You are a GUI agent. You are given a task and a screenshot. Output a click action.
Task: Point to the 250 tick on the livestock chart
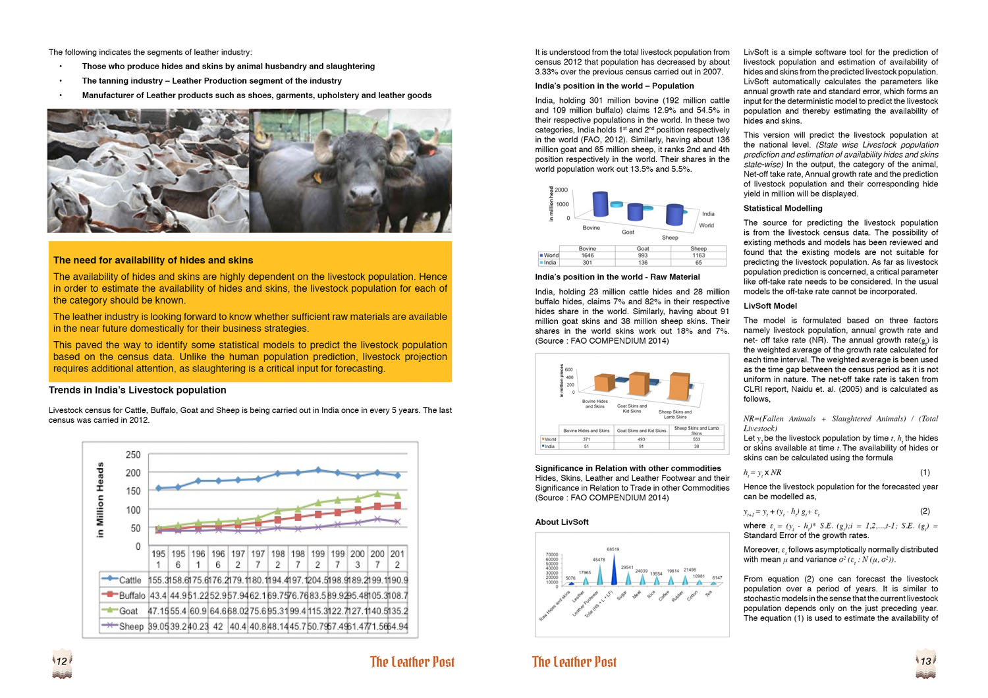pyautogui.click(x=133, y=455)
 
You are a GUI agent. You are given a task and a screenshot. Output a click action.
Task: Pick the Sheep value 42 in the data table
pyautogui.click(x=218, y=626)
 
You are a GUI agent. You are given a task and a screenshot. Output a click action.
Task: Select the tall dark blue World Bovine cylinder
pyautogui.click(x=600, y=203)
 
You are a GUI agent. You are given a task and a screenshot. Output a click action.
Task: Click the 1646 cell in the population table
pyautogui.click(x=587, y=255)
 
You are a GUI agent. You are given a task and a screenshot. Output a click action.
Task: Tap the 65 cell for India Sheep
pyautogui.click(x=698, y=263)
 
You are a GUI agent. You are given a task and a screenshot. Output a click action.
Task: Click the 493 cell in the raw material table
pyautogui.click(x=641, y=439)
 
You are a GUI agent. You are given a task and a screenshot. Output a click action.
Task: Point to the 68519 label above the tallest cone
pyautogui.click(x=613, y=549)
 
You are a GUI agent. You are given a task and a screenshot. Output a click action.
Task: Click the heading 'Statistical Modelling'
pyautogui.click(x=782, y=208)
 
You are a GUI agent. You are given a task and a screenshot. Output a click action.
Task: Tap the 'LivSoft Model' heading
pyautogui.click(x=770, y=306)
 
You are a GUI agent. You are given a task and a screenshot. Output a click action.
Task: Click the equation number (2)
pyautogui.click(x=924, y=511)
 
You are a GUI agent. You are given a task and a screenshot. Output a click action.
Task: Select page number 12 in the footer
pyautogui.click(x=61, y=661)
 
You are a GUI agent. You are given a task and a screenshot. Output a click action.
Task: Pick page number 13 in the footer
pyautogui.click(x=925, y=661)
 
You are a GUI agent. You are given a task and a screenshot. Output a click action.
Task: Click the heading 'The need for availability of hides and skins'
pyautogui.click(x=153, y=260)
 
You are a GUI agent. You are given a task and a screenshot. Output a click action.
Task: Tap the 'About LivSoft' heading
pyautogui.click(x=561, y=522)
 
